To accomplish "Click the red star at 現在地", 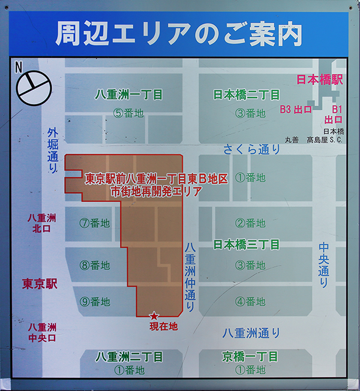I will point(154,316).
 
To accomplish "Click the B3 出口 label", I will point(296,109).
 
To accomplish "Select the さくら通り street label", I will point(251,148).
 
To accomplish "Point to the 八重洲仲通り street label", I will point(190,276).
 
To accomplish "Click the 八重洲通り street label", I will point(251,333).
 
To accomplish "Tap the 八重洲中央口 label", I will point(42,332).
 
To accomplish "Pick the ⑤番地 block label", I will point(129,113).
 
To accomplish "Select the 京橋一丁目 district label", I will point(250,357).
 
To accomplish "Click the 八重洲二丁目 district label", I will point(130,357).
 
